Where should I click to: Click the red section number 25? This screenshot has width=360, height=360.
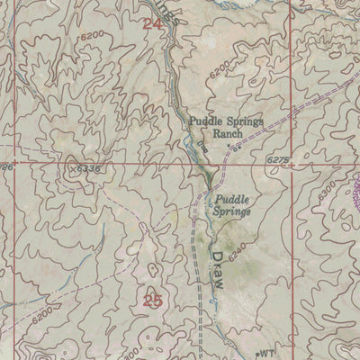(152, 301)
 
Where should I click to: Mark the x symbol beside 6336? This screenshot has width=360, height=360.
(71, 166)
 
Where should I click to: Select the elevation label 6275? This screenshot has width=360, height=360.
(279, 159)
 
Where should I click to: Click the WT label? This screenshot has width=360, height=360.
(266, 354)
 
